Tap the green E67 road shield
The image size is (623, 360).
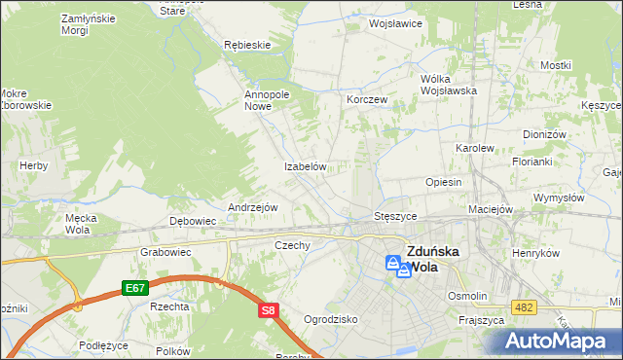pos(135,287)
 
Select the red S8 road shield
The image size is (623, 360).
pos(270,310)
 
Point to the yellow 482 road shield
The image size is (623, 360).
pos(524,307)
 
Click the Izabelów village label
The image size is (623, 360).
pos(304,166)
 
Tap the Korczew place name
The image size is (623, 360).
pos(367,99)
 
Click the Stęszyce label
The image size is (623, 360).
pos(396,215)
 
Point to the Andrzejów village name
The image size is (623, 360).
pos(253,207)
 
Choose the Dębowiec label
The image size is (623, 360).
pos(193,221)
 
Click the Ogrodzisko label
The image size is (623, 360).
pos(331,318)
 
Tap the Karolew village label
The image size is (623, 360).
pos(475,148)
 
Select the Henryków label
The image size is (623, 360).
pos(538,252)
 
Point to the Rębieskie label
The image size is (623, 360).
pos(246,45)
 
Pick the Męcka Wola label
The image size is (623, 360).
pos(79,224)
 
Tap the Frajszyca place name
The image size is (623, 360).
pos(480,319)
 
